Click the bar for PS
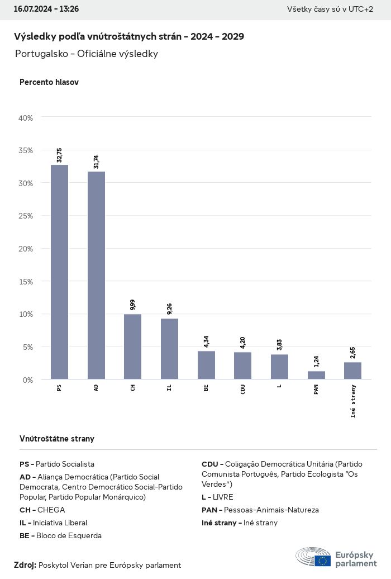59,272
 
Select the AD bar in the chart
96,276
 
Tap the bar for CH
132,347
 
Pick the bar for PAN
316,375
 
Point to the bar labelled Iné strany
352,371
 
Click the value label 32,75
59,155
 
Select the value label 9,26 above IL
169,309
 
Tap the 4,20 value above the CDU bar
243,342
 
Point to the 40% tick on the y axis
26,118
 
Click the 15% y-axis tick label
26,281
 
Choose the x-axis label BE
206,387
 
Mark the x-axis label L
279,386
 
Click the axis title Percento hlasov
49,82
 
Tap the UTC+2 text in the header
360,10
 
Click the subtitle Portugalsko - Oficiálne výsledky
87,54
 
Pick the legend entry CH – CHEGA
42,510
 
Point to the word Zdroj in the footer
25,565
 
